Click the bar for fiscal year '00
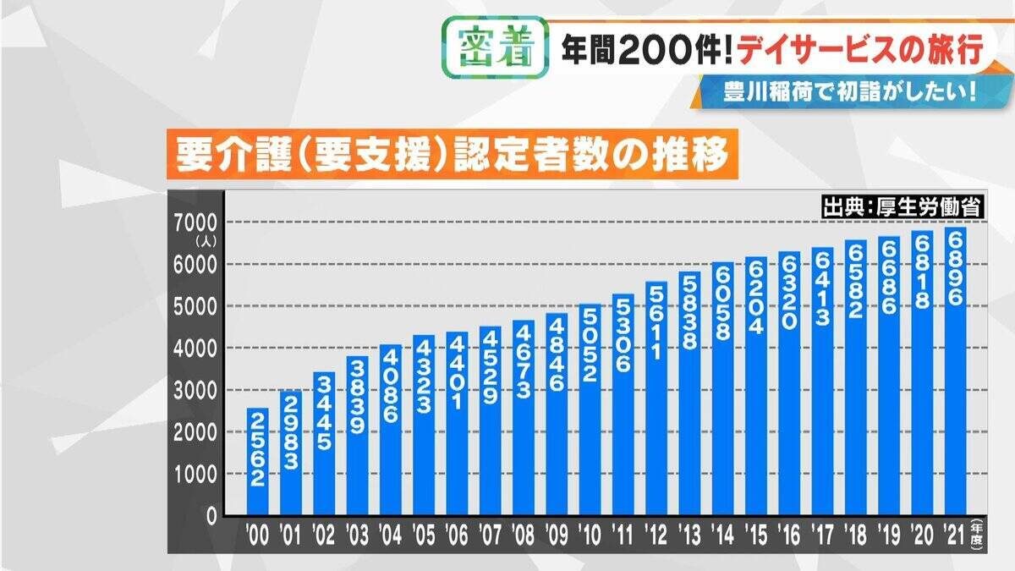[258, 461]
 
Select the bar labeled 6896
[956, 372]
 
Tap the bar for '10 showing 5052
[590, 410]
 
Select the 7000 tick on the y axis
[197, 222]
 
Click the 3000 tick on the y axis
[197, 390]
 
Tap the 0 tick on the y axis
[211, 516]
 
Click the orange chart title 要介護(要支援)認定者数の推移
[450, 156]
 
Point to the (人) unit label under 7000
[206, 240]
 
